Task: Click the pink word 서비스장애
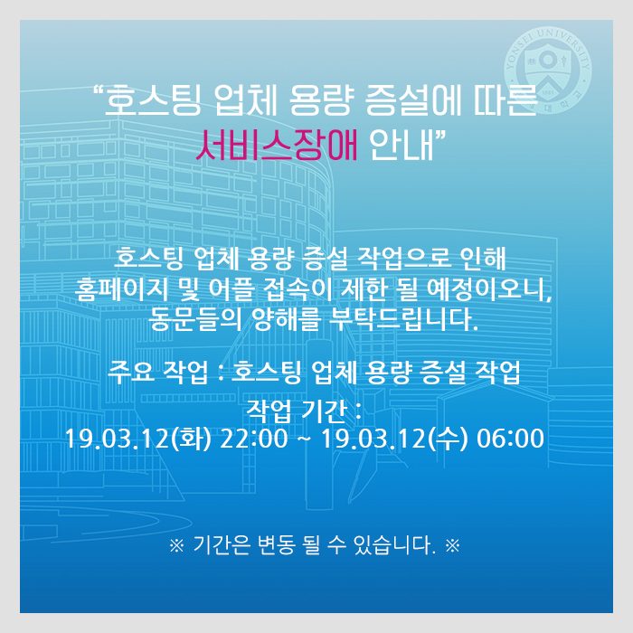coord(277,145)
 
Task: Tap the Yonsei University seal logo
coord(547,71)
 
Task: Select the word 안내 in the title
coord(402,145)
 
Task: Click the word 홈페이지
coord(120,289)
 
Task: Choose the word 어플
coord(231,289)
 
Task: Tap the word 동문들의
coord(195,319)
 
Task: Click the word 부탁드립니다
coord(403,319)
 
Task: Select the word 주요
coord(132,372)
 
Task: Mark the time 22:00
coord(254,439)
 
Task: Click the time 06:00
coord(510,439)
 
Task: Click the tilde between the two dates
coord(305,439)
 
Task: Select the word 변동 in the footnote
coord(276,545)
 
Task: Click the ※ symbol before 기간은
coord(177,546)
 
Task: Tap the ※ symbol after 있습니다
coord(452,546)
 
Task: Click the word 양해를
coord(287,319)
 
